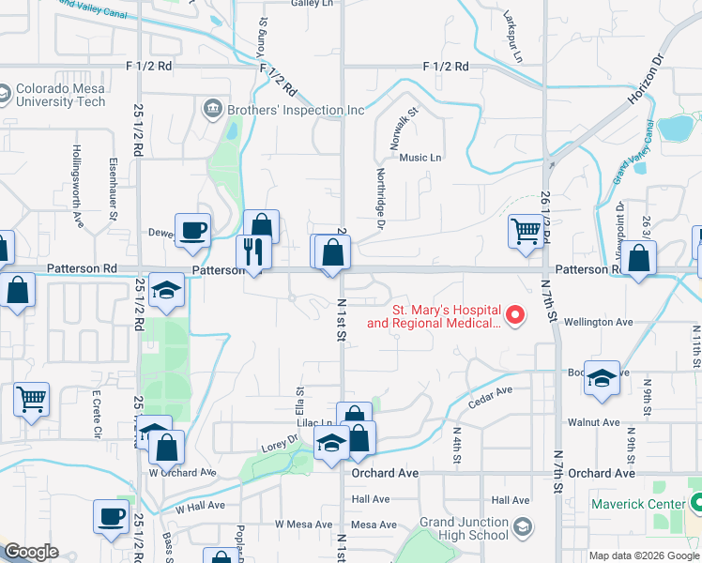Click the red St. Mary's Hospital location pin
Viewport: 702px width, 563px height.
click(x=514, y=315)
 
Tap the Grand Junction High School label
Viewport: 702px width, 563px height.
click(x=464, y=528)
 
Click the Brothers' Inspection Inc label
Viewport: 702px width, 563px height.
click(x=295, y=110)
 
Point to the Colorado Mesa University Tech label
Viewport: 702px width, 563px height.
click(x=60, y=95)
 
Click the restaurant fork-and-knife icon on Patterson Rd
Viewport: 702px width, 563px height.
click(x=252, y=251)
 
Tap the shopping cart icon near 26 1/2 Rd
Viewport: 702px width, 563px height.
click(x=526, y=231)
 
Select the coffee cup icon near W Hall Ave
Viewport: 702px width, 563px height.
click(x=111, y=516)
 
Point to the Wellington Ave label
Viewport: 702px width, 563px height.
click(x=598, y=322)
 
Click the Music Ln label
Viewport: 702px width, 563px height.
click(x=420, y=158)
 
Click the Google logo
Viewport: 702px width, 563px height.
click(x=31, y=553)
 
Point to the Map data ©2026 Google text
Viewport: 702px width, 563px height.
click(x=644, y=555)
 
